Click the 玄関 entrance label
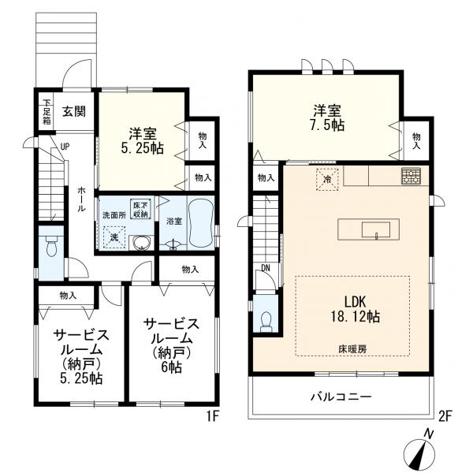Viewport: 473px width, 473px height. tap(74, 112)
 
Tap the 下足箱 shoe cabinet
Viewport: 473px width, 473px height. tap(47, 112)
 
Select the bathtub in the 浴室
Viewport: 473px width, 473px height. tap(201, 222)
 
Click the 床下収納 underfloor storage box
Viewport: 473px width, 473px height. tap(140, 210)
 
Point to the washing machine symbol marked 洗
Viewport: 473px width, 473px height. tap(114, 237)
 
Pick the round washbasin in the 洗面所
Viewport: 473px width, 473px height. tap(141, 243)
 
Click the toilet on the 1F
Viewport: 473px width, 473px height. tap(51, 246)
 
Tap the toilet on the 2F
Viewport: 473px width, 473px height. tap(266, 322)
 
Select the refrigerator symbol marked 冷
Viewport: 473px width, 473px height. tap(327, 180)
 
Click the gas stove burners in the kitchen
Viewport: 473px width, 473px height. tap(411, 176)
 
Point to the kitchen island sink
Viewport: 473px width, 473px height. tap(376, 230)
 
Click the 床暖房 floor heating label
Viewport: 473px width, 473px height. tap(352, 349)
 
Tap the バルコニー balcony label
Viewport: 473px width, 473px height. tap(341, 396)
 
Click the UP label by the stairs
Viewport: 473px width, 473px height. tap(65, 147)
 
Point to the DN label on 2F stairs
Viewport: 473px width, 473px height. tap(266, 268)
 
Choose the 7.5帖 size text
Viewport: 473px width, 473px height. tap(327, 125)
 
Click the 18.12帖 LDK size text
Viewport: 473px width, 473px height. tap(356, 316)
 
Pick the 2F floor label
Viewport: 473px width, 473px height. tap(445, 416)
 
